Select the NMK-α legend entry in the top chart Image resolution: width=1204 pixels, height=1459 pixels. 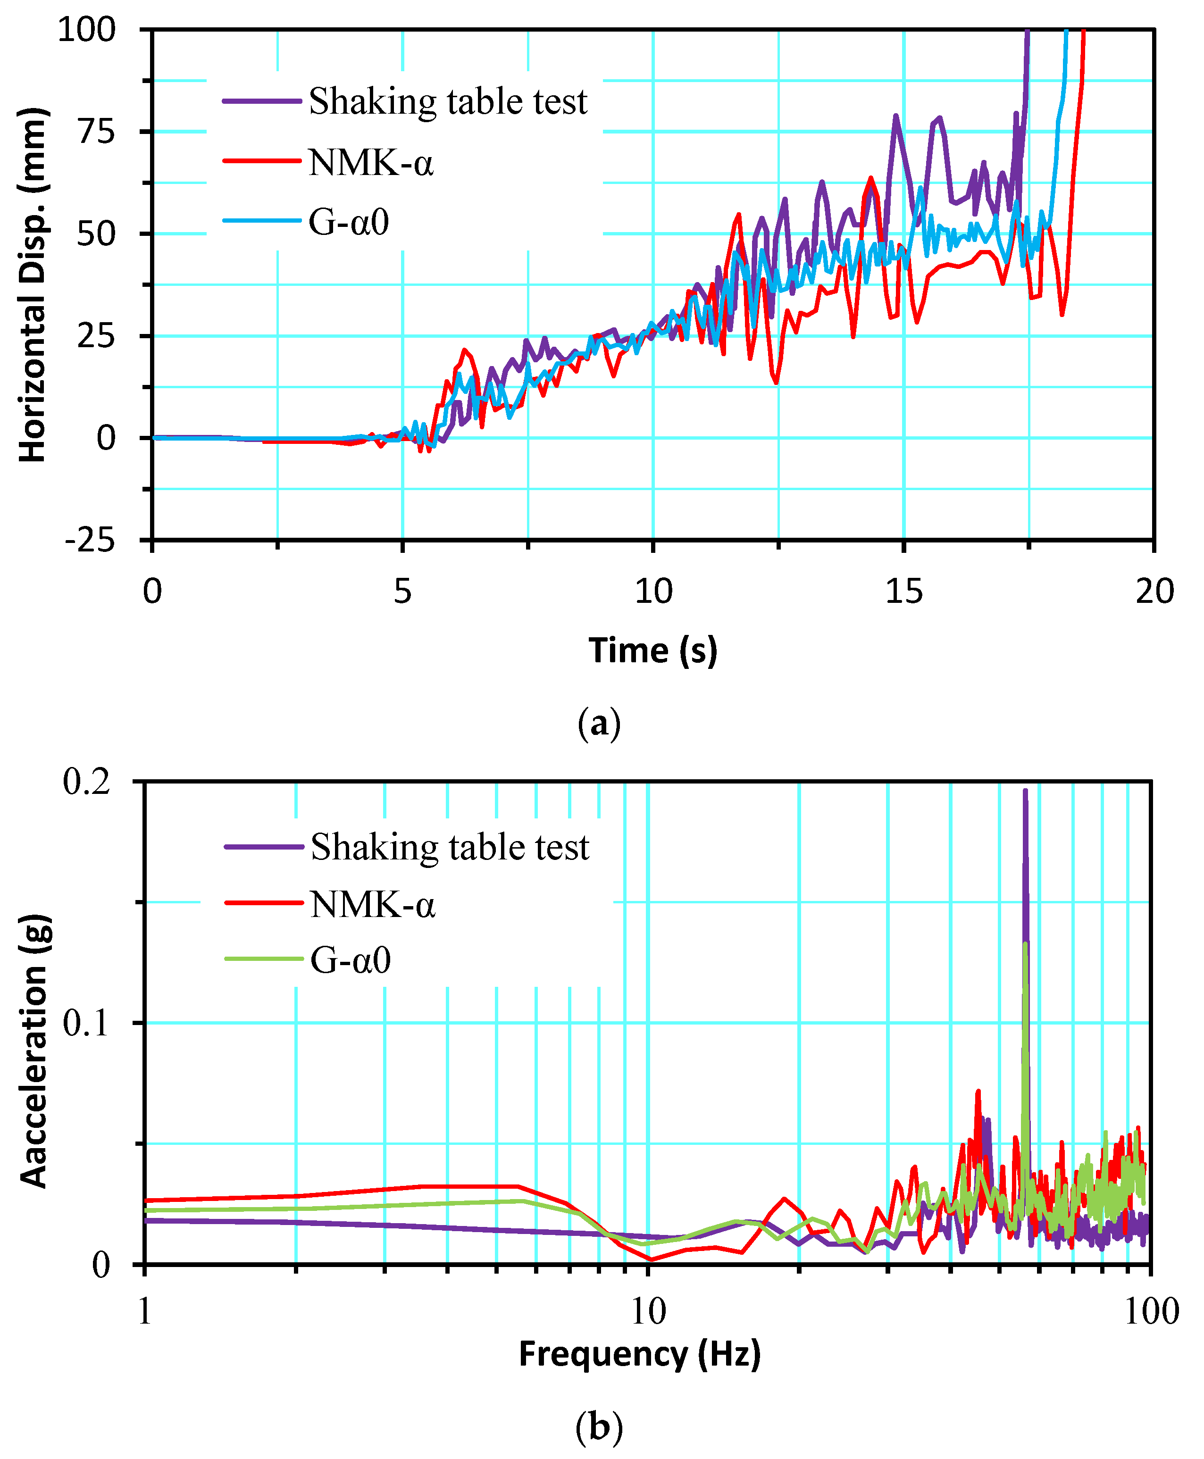coord(371,163)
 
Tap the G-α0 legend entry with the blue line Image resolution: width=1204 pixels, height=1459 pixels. coord(349,222)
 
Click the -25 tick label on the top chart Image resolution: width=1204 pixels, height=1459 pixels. coord(90,540)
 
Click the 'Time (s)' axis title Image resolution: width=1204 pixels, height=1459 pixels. coord(652,650)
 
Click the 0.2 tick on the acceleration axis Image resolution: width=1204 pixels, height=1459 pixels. coord(87,782)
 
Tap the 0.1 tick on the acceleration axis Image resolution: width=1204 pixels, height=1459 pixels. coord(87,1023)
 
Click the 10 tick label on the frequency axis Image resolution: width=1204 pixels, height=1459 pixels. coord(648,1312)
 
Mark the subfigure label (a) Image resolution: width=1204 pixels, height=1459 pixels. coord(599,723)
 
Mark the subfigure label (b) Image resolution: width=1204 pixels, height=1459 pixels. coord(599,1427)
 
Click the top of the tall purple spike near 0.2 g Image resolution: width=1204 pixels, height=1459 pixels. coord(1025,791)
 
